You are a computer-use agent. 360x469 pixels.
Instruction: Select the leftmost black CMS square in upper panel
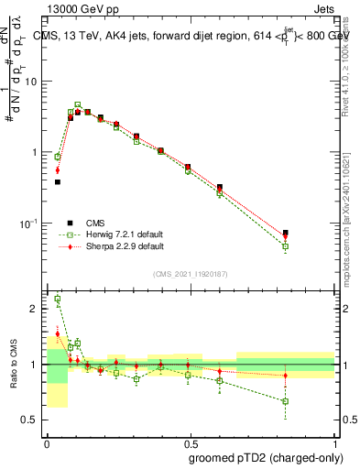tap(58, 182)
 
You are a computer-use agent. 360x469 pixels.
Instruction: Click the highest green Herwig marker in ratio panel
tap(58, 299)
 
